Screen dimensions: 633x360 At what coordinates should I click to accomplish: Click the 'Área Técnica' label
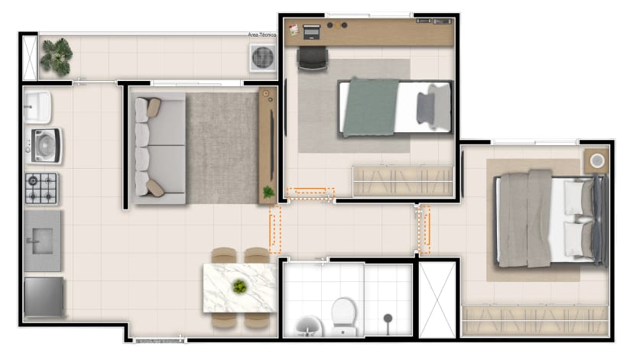[x=262, y=35]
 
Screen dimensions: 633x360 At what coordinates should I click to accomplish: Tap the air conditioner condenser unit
[x=263, y=58]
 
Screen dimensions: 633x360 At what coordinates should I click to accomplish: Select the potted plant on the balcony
[x=57, y=57]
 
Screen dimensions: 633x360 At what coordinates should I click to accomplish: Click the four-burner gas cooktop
[x=41, y=189]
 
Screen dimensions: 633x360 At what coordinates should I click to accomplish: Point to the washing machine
[x=44, y=146]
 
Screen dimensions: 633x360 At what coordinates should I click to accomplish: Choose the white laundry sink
[x=37, y=107]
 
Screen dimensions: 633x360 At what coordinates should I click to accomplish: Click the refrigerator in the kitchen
[x=44, y=297]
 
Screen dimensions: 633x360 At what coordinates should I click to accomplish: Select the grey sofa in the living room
[x=160, y=148]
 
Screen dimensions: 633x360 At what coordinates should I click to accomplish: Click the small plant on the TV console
[x=268, y=192]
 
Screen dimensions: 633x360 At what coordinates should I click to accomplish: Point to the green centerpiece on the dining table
[x=240, y=287]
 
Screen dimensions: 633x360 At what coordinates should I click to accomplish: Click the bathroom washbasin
[x=309, y=326]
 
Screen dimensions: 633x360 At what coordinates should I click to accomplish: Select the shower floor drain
[x=388, y=319]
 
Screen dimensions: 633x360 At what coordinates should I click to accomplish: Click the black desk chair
[x=312, y=59]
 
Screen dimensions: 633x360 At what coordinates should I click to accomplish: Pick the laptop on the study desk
[x=311, y=32]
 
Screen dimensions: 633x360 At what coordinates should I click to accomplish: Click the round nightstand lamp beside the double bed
[x=597, y=161]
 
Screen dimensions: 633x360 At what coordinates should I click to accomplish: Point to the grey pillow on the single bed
[x=426, y=109]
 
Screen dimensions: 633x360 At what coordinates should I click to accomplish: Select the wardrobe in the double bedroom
[x=534, y=321]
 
